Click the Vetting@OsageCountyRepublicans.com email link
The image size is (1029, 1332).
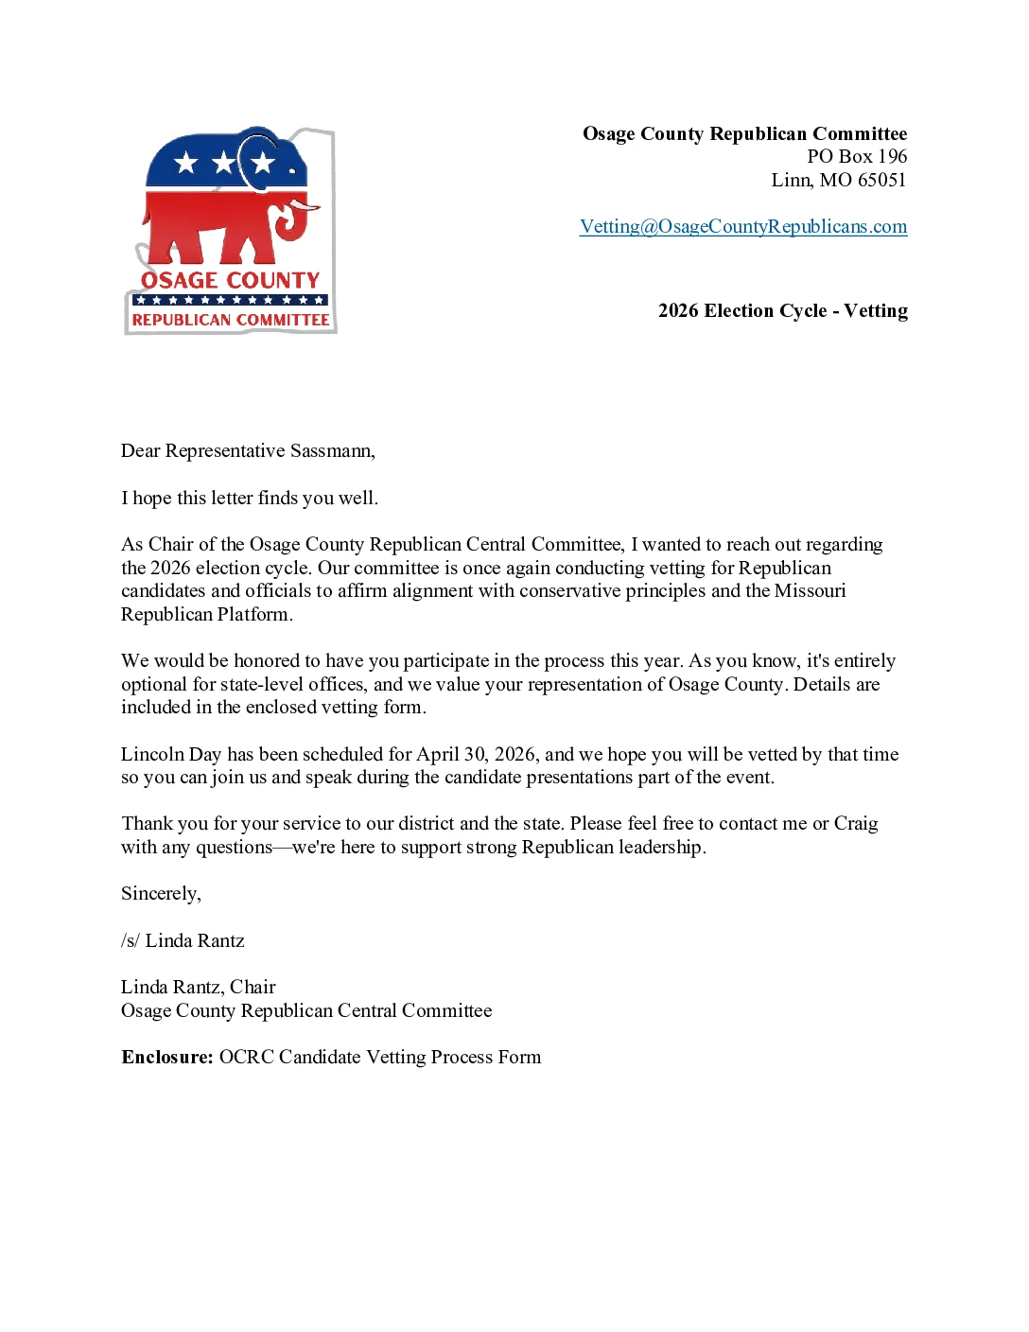tap(743, 227)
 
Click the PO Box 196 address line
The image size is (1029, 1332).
tap(856, 157)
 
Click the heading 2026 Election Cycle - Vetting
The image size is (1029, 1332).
tap(782, 311)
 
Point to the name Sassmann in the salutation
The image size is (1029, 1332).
tap(331, 451)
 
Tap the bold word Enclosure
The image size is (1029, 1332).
tap(166, 1058)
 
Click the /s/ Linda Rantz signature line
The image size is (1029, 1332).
tap(183, 941)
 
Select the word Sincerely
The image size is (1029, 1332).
tap(160, 894)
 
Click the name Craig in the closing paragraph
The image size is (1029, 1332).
tap(855, 824)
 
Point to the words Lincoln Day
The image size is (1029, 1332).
tap(170, 755)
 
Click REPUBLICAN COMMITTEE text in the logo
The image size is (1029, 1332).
tap(231, 321)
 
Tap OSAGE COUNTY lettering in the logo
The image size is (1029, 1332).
tap(231, 281)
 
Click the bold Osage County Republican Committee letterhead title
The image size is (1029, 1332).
tap(744, 134)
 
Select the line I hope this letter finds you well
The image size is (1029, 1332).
tap(250, 499)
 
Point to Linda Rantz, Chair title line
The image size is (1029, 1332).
tap(199, 988)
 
